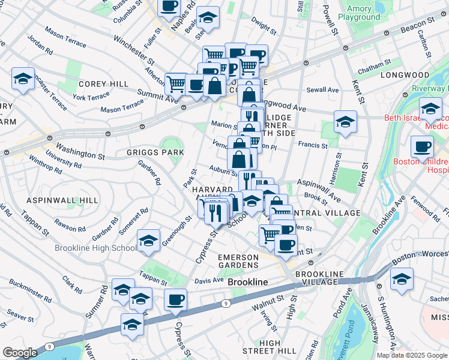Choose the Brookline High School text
(x=95, y=248)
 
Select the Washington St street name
(x=80, y=150)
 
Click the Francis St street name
(x=313, y=145)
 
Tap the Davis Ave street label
(x=209, y=280)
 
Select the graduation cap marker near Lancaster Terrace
(x=23, y=79)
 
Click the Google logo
(x=20, y=353)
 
